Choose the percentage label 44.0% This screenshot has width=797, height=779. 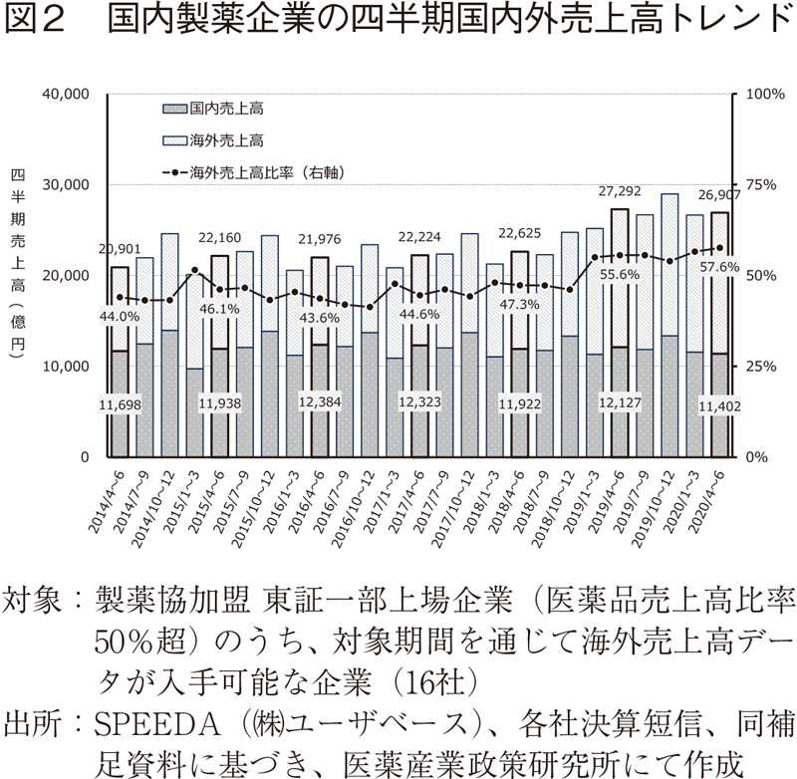click(x=121, y=316)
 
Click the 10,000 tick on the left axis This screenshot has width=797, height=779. click(x=65, y=367)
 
